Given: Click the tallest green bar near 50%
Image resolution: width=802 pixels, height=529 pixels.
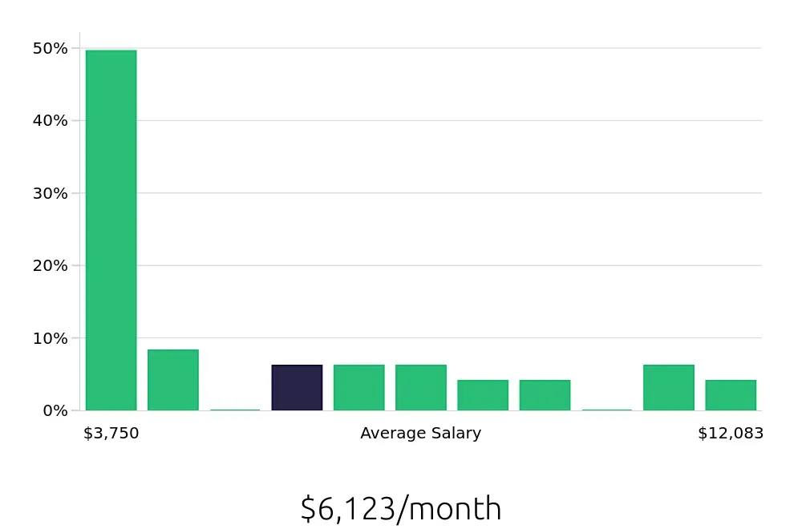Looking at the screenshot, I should tap(111, 230).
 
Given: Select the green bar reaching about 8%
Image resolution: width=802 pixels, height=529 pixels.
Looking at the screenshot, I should tap(172, 380).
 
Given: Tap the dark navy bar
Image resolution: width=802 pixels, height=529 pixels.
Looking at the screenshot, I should tap(297, 388).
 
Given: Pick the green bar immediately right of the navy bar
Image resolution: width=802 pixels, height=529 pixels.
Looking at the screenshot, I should tap(358, 388).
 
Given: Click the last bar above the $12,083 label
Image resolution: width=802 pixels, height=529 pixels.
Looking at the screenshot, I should tap(731, 395).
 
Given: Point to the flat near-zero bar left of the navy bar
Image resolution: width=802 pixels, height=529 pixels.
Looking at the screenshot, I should tap(235, 410).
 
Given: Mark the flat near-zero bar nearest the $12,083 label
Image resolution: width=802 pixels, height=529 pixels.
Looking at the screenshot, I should tap(607, 410).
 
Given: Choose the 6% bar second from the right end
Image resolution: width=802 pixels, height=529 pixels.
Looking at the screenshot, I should tap(669, 388).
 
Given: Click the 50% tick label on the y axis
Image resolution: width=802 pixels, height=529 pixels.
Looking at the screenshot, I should tap(50, 49).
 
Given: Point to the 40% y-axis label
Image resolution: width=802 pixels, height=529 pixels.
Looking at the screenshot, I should tap(50, 121).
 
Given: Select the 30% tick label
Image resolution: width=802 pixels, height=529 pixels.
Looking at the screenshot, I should tap(50, 193).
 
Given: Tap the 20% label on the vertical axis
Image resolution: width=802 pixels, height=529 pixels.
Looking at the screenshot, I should tap(50, 265).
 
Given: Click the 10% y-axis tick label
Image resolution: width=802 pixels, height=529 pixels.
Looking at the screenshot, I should tap(50, 338).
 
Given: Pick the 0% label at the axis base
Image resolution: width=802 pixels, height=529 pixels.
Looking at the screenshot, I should tap(55, 410).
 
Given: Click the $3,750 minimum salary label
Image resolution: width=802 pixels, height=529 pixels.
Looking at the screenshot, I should tap(111, 434).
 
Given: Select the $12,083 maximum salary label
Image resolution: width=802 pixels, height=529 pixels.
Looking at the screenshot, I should tap(731, 434).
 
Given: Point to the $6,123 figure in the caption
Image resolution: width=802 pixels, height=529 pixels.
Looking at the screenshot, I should tap(347, 509).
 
